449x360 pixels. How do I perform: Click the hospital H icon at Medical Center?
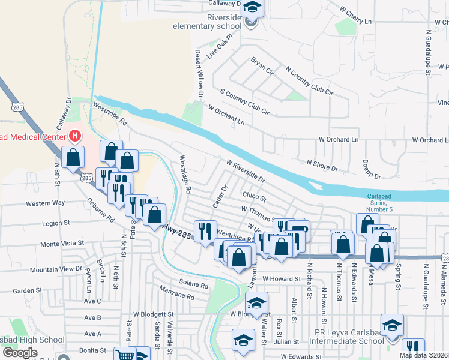tap(75, 136)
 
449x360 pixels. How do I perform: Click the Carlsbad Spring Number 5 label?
tap(391, 203)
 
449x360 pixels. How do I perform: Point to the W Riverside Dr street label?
tap(246, 170)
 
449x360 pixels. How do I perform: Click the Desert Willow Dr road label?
tap(199, 73)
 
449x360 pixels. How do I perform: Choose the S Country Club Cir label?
tap(245, 102)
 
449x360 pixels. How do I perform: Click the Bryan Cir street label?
tap(262, 66)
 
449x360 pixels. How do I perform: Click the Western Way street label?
tap(45, 203)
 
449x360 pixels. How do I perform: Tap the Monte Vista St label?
tap(62, 244)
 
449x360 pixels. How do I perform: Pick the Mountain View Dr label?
tap(55, 269)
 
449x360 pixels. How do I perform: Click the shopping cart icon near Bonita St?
tap(125, 354)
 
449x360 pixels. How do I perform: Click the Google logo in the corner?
tap(21, 353)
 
